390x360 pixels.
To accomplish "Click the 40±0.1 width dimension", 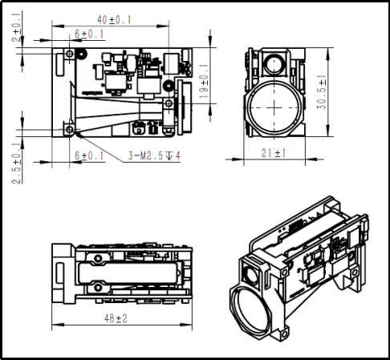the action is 114,20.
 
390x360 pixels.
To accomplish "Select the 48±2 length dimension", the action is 116,318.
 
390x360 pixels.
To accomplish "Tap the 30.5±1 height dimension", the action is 322,92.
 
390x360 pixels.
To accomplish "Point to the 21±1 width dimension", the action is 274,153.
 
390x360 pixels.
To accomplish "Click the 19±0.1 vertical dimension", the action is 204,81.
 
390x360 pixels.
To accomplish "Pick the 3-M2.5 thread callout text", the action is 154,156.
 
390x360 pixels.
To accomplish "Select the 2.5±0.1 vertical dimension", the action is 16,163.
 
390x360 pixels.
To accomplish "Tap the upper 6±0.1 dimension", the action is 89,34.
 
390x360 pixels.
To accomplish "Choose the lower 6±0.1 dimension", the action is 89,156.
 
